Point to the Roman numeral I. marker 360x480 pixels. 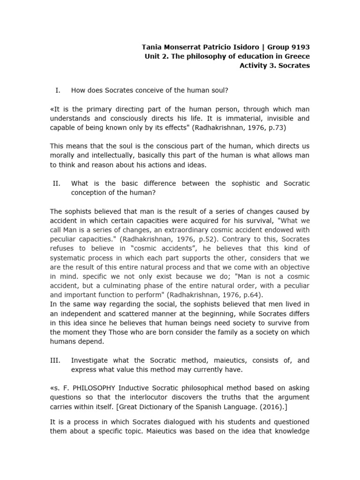[x=57, y=90]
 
